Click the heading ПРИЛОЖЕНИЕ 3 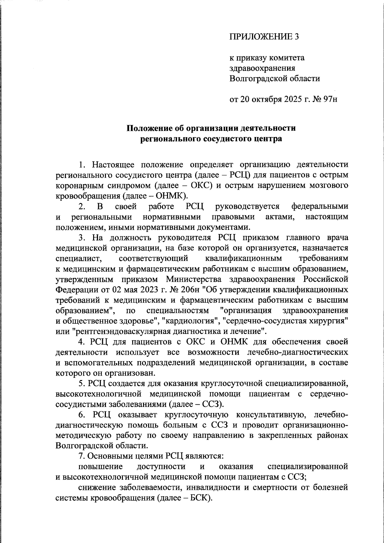[x=264, y=37]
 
